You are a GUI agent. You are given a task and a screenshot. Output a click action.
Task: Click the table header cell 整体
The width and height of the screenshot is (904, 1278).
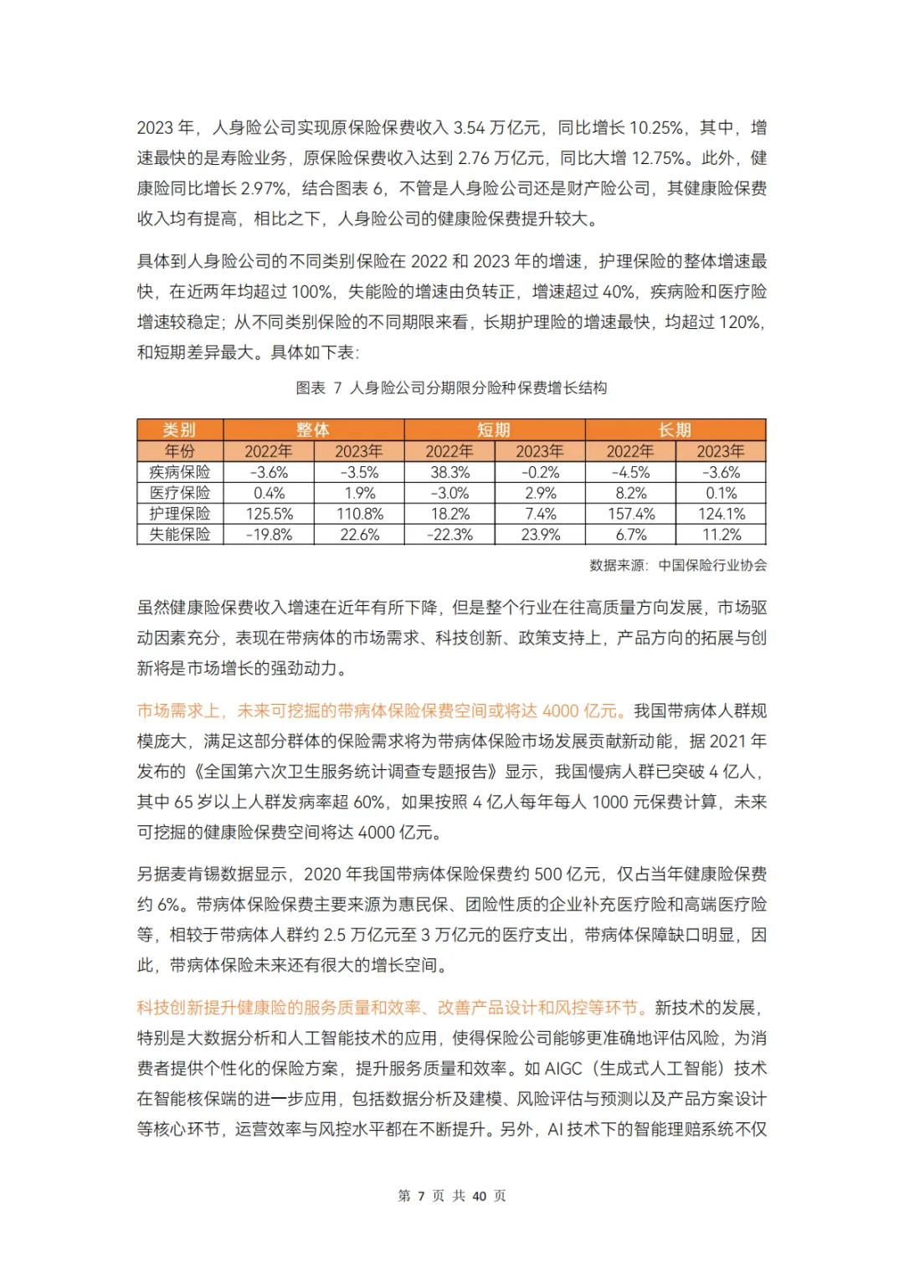313,429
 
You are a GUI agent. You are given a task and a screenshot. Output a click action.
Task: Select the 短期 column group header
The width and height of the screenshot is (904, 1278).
494,429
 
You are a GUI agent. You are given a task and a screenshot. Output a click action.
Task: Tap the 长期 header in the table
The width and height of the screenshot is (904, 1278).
675,429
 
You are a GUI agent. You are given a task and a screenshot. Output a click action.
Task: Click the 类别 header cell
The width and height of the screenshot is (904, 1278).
179,429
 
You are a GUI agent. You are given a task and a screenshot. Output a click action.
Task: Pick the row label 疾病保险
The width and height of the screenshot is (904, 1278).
180,472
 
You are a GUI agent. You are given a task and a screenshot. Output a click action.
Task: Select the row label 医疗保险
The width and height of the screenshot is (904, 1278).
180,493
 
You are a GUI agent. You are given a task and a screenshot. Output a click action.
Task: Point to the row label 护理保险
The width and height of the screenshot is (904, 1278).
180,514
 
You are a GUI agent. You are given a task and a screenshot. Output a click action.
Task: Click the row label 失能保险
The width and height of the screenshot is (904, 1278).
180,534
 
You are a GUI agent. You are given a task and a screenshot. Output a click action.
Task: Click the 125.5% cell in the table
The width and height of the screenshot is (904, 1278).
269,514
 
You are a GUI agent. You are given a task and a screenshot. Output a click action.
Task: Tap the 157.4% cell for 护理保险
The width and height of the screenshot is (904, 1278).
630,514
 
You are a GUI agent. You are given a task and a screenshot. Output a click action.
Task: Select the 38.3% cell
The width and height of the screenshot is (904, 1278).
449,472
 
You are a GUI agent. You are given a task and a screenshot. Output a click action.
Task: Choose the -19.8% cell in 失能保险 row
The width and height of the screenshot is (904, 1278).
269,534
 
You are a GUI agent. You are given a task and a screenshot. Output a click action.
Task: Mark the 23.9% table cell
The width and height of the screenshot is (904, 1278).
540,534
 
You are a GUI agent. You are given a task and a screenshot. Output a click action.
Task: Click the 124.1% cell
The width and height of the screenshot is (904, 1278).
721,514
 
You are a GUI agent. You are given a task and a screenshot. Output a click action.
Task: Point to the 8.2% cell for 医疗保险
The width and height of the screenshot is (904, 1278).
630,493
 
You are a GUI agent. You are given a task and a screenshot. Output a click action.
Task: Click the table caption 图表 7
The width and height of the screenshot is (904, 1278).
319,388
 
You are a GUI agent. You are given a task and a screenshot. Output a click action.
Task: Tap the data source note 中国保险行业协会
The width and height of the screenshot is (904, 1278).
712,565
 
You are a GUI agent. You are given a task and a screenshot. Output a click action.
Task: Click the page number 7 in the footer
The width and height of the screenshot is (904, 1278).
421,1196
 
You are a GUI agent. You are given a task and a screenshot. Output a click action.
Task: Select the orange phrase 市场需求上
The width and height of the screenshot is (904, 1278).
178,711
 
